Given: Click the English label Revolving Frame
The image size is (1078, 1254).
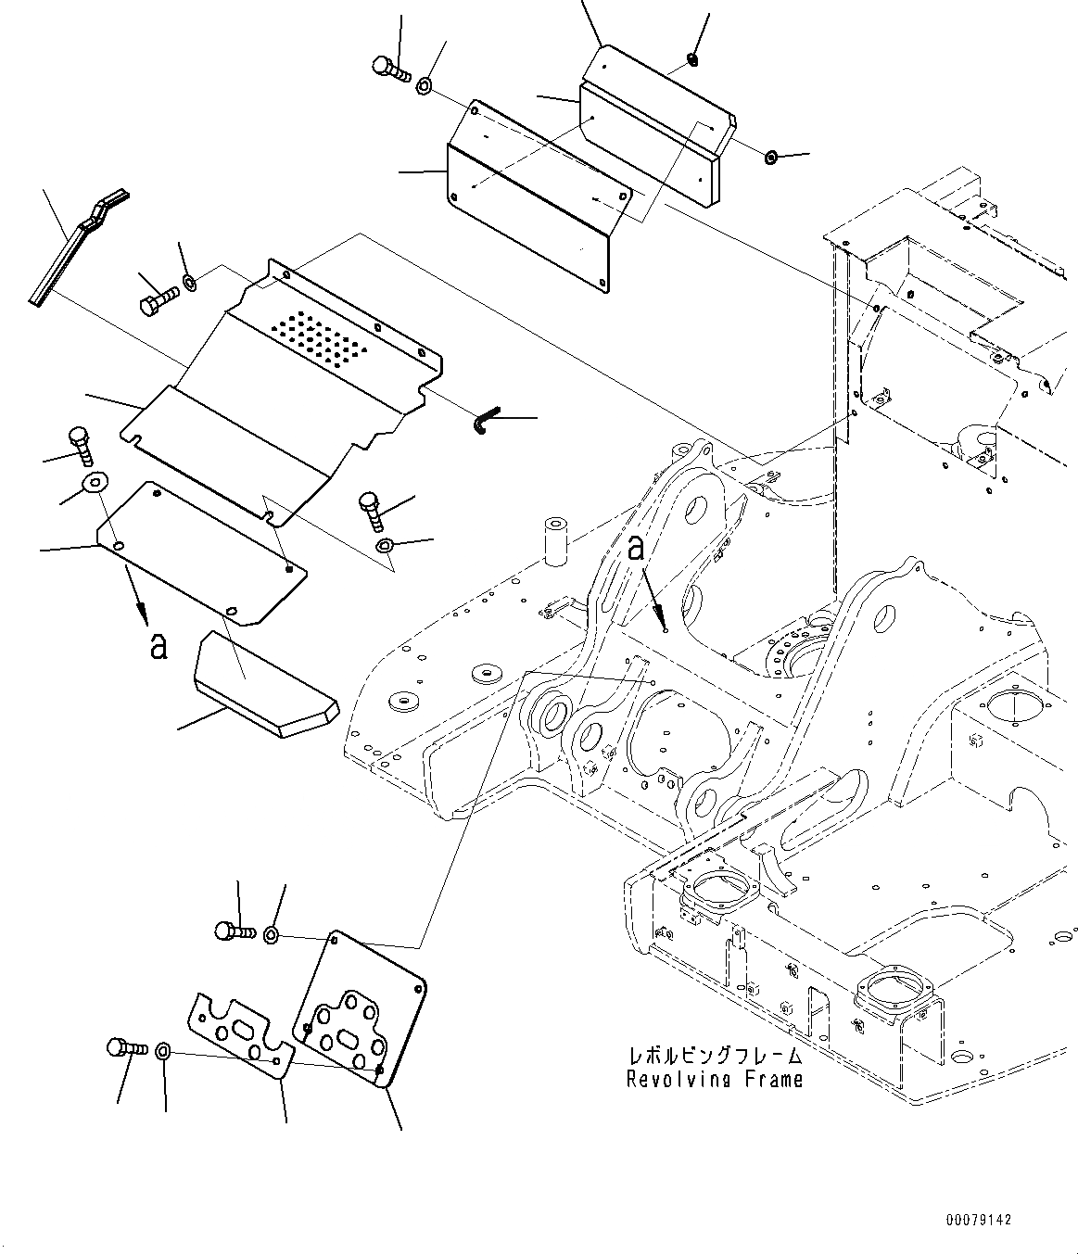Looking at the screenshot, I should pos(715,1079).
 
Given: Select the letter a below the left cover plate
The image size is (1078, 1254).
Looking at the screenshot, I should pos(159,645).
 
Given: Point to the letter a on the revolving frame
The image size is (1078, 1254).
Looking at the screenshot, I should pos(635,548).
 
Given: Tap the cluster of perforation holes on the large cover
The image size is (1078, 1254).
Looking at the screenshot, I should pos(321,336).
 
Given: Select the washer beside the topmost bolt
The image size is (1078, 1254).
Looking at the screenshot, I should pos(424,86).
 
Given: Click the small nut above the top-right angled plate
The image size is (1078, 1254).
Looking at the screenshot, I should pos(691,61).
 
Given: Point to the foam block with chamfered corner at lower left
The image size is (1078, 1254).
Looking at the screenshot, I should pos(264,687).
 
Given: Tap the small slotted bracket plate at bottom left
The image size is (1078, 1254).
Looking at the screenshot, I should pos(240,1034).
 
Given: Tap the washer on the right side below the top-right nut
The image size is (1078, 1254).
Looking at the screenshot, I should pos(771,158).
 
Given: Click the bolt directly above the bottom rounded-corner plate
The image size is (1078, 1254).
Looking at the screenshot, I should pos(235,930).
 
